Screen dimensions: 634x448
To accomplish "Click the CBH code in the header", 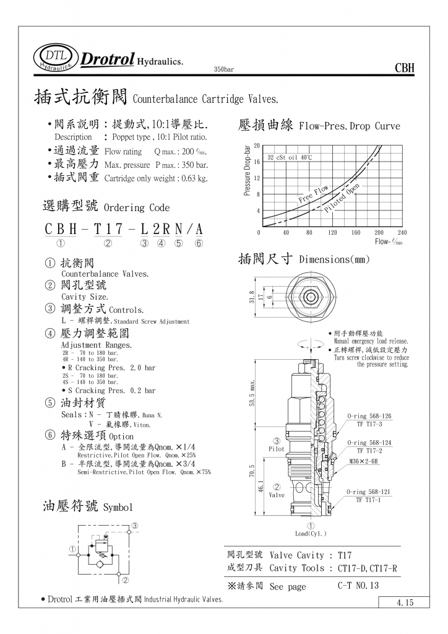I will [x=404, y=68].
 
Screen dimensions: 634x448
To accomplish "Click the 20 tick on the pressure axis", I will [x=256, y=145].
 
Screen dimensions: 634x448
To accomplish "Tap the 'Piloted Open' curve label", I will [x=342, y=199].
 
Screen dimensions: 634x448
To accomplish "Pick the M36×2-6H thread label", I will [x=364, y=461].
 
